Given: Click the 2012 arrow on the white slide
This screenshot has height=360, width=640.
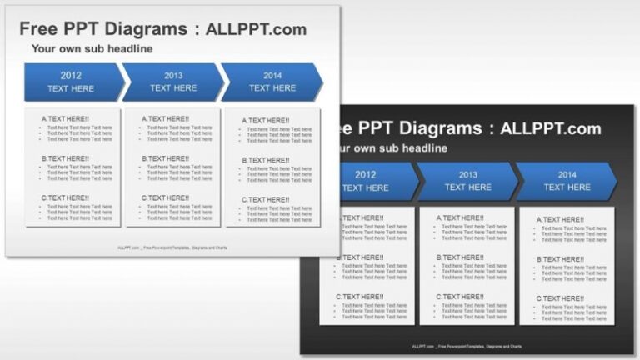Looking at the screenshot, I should point(72,82).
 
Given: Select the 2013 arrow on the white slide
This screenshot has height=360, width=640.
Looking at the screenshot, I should point(173,82).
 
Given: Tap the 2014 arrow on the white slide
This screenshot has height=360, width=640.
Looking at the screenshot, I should point(272,82).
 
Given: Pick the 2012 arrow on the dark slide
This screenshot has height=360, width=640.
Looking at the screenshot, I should point(367,181).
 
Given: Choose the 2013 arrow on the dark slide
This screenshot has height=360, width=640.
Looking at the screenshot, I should point(467,181).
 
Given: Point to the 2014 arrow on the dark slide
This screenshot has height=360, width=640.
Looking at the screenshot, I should point(567,181).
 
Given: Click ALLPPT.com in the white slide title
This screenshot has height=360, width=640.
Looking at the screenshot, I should point(257,29).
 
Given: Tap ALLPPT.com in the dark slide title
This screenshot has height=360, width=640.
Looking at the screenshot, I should point(551,128).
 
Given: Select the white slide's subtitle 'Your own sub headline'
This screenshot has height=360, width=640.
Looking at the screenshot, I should point(92,49).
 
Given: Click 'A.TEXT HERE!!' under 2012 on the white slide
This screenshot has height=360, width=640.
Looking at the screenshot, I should point(65,119).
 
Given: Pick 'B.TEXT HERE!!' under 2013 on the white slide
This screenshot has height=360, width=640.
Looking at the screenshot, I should point(165,158).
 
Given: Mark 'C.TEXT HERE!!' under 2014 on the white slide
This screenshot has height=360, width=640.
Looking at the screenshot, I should point(266,200).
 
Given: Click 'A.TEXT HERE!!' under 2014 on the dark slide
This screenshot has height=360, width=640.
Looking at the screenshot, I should point(560,220).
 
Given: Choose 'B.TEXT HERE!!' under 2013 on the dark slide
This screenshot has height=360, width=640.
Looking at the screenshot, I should point(459,257).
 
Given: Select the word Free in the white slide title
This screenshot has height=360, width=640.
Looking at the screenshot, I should point(42,29).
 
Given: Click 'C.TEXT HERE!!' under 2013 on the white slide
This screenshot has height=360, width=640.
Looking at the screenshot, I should point(165,197).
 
